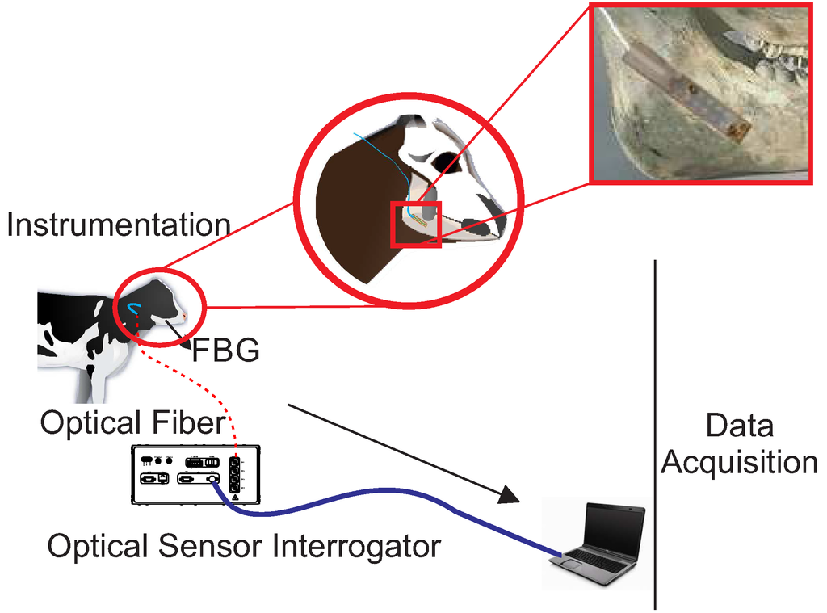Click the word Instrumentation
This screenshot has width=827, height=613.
click(x=118, y=225)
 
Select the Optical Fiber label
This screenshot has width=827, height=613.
click(x=132, y=422)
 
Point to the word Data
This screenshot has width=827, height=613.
click(x=739, y=426)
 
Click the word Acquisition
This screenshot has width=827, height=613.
click(x=739, y=463)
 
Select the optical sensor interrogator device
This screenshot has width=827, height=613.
click(x=196, y=477)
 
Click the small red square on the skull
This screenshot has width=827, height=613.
click(x=415, y=225)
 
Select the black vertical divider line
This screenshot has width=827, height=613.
click(x=654, y=436)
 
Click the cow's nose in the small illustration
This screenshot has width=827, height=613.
click(x=184, y=315)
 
